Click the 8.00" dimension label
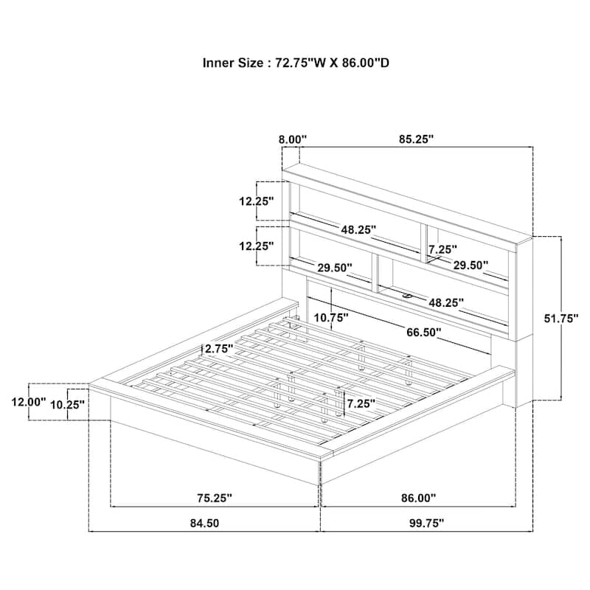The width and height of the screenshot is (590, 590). (293, 139)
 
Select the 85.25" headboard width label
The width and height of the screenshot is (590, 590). (417, 139)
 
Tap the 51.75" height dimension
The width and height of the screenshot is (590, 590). (561, 319)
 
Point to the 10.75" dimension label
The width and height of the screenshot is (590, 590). (331, 318)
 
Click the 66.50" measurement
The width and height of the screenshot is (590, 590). (423, 333)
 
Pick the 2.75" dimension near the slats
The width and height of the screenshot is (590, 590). (218, 349)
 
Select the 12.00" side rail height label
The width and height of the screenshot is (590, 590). (28, 402)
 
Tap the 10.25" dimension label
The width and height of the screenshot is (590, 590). (68, 405)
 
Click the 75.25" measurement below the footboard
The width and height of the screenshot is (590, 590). (215, 498)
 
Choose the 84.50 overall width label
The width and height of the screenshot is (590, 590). (204, 523)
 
